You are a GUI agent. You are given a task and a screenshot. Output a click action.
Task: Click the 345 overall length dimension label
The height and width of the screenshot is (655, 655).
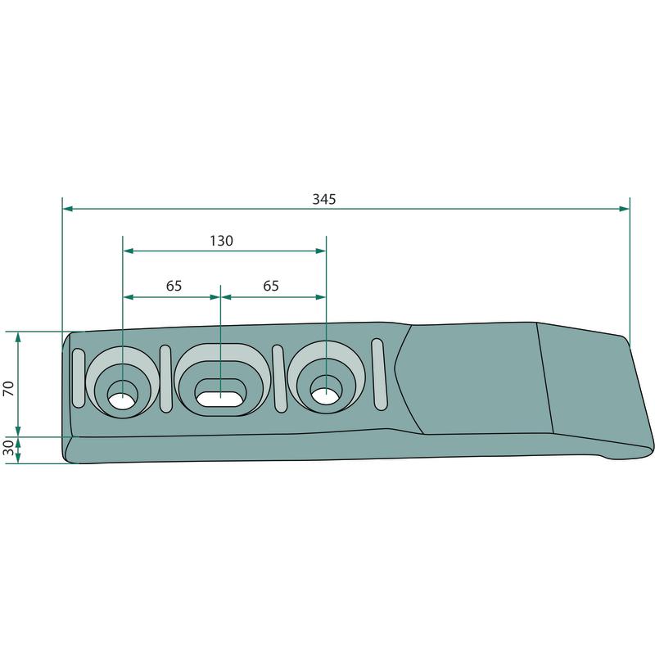[x=324, y=199]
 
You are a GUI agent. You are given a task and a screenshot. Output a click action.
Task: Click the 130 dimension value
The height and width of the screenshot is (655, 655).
[x=221, y=241]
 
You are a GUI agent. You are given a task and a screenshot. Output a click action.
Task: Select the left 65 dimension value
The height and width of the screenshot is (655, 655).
[x=174, y=286]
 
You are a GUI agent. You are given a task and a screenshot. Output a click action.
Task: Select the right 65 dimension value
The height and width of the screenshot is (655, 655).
[x=271, y=286]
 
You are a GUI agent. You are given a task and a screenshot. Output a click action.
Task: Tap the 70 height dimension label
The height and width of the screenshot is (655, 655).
[x=9, y=388]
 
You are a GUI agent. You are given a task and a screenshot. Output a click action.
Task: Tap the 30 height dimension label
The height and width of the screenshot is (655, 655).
[x=9, y=447]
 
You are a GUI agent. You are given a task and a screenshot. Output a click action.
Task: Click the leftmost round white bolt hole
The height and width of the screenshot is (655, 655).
[x=122, y=395]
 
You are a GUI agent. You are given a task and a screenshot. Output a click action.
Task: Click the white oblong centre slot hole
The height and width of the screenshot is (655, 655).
[x=220, y=399]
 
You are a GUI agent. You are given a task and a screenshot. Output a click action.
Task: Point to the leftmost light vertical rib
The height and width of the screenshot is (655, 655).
[x=79, y=377]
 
